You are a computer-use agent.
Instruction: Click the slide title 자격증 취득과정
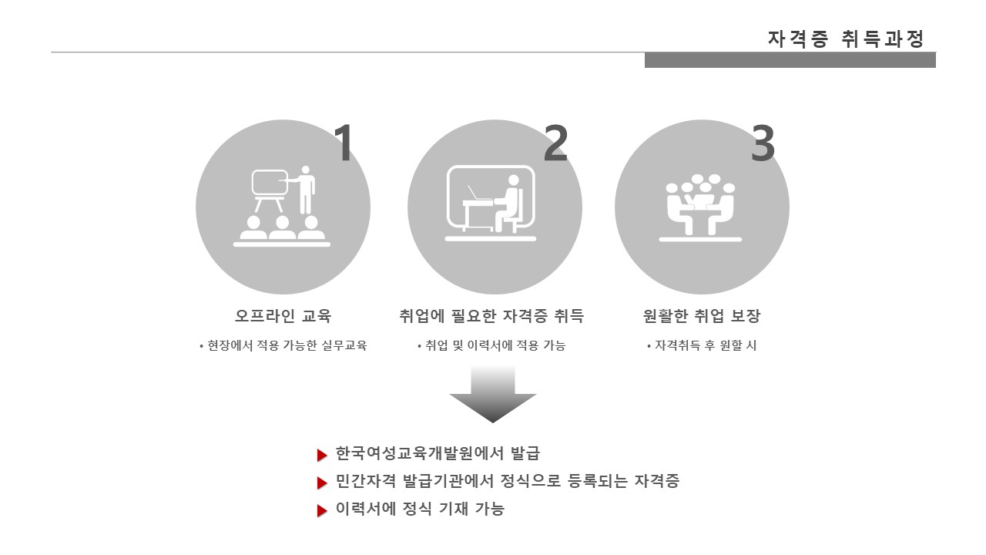click(x=845, y=39)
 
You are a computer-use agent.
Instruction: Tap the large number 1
click(x=344, y=143)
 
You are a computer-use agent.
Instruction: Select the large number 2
click(x=555, y=143)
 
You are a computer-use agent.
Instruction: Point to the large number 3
click(x=763, y=143)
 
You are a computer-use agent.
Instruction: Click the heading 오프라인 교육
click(x=283, y=316)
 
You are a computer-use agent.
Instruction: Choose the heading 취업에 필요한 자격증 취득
click(x=491, y=316)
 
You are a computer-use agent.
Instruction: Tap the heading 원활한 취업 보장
click(x=702, y=316)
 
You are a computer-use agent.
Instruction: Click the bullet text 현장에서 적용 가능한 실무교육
click(x=283, y=345)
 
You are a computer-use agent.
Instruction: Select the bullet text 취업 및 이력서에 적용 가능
click(x=491, y=345)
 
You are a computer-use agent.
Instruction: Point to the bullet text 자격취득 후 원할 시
click(x=702, y=345)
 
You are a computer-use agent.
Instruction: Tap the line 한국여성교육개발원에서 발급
click(x=438, y=453)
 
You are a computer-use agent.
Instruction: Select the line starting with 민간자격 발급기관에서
click(x=508, y=480)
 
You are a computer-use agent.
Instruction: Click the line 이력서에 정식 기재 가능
click(x=420, y=509)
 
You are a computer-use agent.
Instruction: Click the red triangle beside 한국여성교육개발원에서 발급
click(x=322, y=455)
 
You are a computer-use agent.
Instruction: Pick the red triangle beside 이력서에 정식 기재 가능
click(x=322, y=510)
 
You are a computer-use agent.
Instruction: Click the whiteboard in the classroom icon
click(x=270, y=183)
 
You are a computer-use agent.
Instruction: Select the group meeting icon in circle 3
click(x=700, y=207)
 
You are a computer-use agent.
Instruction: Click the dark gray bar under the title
click(x=790, y=60)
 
